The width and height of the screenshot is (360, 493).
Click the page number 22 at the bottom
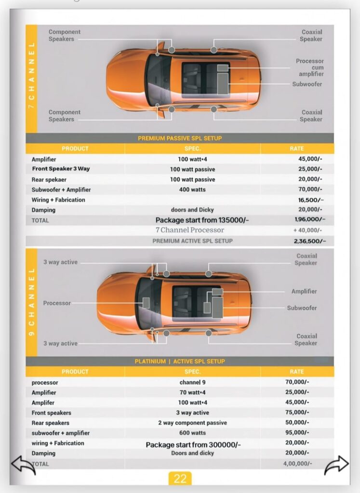coord(180,479)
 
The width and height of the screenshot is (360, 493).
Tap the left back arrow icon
coord(23,466)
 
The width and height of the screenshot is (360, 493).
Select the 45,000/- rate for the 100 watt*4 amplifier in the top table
coord(310,159)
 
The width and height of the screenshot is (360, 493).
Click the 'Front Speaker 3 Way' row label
coord(61,169)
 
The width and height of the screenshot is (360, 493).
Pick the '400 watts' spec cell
coord(192,190)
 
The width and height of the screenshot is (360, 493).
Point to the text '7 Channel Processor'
coord(189,230)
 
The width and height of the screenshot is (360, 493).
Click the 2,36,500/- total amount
coord(310,241)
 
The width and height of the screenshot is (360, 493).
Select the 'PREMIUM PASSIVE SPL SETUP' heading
coord(180,138)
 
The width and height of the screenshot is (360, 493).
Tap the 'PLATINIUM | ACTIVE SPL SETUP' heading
coord(180,361)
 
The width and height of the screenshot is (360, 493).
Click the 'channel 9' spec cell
coord(192,382)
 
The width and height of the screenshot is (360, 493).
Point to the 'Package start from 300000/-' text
coord(193,445)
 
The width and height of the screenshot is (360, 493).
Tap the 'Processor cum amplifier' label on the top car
coord(310,67)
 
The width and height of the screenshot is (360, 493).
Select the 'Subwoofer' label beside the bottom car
coord(302,308)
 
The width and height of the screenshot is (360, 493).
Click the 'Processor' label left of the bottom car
coord(57,303)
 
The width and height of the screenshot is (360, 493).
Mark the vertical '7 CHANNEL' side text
coord(31,75)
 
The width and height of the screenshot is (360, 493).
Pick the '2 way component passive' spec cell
coord(192,423)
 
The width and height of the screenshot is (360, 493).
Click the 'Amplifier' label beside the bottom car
coord(304,291)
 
